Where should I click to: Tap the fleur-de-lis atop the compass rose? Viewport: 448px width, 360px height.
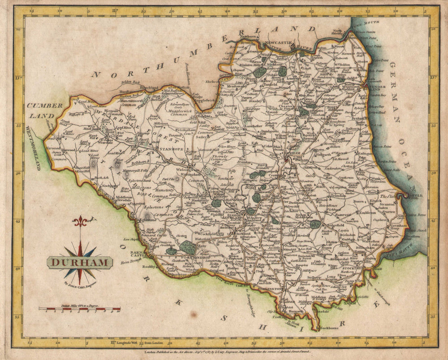[80, 221]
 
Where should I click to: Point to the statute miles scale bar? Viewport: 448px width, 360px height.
[79, 308]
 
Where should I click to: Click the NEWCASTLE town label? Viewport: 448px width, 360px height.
[279, 43]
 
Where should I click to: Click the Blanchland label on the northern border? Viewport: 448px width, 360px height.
[149, 87]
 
